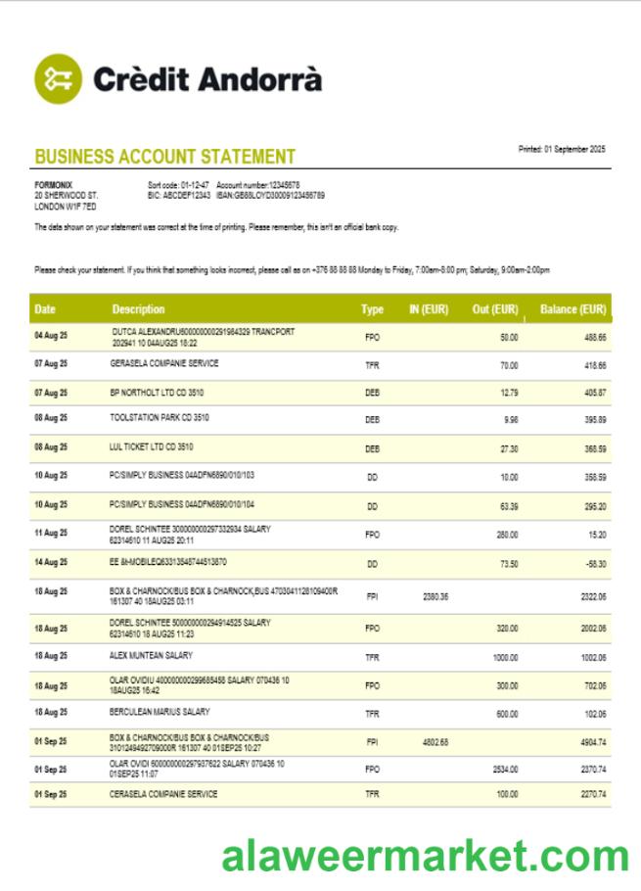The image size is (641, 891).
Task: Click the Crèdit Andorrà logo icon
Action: pyautogui.click(x=59, y=78)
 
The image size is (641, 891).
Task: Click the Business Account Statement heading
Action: pyautogui.click(x=164, y=157)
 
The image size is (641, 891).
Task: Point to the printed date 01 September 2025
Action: pyautogui.click(x=561, y=149)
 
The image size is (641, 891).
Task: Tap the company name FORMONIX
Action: pyautogui.click(x=53, y=185)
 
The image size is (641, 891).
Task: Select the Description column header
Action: pyautogui.click(x=138, y=309)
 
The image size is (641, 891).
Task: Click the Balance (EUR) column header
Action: pyautogui.click(x=572, y=309)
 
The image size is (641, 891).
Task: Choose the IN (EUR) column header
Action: pyautogui.click(x=428, y=309)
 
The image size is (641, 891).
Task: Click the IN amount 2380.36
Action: pyautogui.click(x=435, y=596)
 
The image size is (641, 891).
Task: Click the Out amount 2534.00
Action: pyautogui.click(x=505, y=771)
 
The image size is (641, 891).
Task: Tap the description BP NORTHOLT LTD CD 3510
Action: pyautogui.click(x=157, y=391)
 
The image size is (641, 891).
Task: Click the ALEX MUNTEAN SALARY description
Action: pyautogui.click(x=151, y=655)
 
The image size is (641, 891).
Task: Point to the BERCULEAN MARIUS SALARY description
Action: pyautogui.click(x=160, y=712)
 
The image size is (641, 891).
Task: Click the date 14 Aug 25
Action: pyautogui.click(x=51, y=562)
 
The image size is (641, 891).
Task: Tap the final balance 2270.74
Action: pyautogui.click(x=591, y=795)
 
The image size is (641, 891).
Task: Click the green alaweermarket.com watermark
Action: pyautogui.click(x=424, y=857)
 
